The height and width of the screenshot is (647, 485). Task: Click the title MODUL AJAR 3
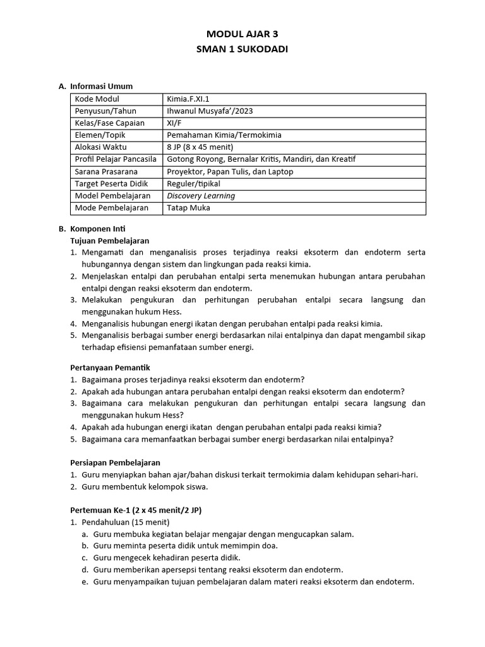click(242, 35)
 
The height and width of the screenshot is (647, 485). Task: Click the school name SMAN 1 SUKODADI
click(242, 49)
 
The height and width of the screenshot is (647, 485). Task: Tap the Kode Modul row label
click(97, 99)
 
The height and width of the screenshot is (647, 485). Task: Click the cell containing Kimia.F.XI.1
click(188, 99)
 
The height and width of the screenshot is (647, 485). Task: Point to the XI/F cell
click(175, 123)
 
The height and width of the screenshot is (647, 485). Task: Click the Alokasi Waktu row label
click(101, 147)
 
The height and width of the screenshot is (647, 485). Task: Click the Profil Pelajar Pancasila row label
click(116, 159)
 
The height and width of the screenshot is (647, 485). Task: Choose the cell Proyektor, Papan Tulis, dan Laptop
click(230, 171)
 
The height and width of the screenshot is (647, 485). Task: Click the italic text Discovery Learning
click(201, 196)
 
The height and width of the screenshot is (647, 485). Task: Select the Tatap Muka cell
click(188, 208)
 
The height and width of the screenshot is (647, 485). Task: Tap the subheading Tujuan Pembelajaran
click(109, 241)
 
